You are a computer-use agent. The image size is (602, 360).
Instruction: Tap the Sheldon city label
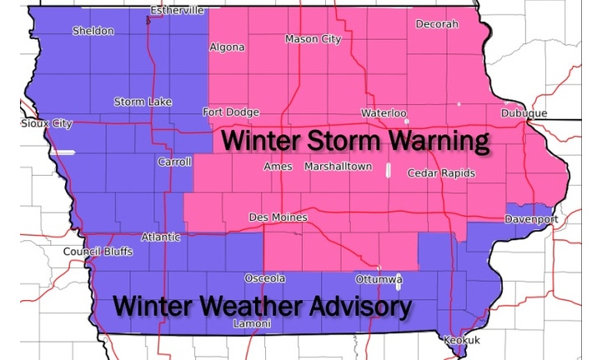(x=93, y=31)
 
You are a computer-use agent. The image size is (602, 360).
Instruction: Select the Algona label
(x=227, y=47)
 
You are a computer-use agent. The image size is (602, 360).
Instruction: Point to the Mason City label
(x=314, y=39)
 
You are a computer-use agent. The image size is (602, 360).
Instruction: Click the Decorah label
(x=437, y=24)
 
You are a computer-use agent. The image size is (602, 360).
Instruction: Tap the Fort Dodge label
(x=231, y=112)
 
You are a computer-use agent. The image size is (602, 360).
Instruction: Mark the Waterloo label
(x=384, y=112)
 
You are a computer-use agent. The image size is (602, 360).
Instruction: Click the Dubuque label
(x=524, y=113)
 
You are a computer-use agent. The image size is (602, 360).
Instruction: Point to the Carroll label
(x=174, y=162)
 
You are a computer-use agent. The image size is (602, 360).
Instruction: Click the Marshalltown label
(x=338, y=167)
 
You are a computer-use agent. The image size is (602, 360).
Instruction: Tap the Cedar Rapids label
(x=441, y=173)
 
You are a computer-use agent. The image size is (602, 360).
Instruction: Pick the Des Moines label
(x=278, y=217)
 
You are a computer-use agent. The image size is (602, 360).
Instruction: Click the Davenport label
(x=530, y=219)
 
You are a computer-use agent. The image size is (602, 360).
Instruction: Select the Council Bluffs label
(x=98, y=252)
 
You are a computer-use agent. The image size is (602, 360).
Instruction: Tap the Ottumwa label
(x=379, y=278)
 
